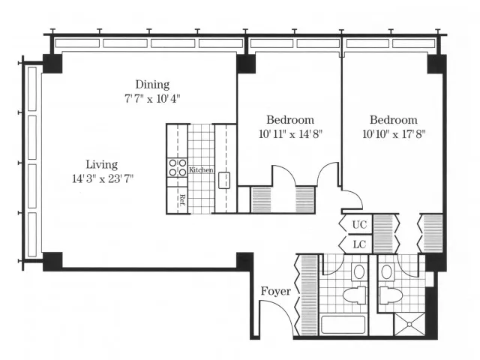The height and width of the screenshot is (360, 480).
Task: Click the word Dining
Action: [x=152, y=85]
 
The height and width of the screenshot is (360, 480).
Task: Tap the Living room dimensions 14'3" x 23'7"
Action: [x=103, y=178]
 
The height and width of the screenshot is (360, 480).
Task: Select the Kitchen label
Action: [x=201, y=170]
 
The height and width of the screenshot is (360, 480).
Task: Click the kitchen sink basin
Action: [x=224, y=180]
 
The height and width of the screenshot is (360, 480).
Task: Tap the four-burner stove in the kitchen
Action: [x=177, y=168]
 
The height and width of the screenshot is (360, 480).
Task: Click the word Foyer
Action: [x=276, y=291]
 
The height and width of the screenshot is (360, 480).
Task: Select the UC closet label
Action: [x=359, y=225]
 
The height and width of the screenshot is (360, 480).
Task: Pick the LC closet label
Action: [x=359, y=244]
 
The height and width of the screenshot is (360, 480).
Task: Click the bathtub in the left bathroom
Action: [x=343, y=325]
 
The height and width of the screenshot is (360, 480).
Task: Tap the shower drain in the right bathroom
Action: [x=409, y=324]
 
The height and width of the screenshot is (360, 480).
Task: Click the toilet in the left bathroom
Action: [x=354, y=295]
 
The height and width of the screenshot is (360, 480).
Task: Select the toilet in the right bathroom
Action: [x=391, y=295]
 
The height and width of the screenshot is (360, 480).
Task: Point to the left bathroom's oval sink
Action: [x=359, y=271]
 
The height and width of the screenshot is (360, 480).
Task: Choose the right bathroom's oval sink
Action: [x=387, y=271]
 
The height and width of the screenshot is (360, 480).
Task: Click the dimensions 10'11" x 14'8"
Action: [x=290, y=134]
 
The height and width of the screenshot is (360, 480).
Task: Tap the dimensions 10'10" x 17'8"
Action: [x=394, y=134]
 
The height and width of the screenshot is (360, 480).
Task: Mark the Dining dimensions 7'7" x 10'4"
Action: [x=152, y=99]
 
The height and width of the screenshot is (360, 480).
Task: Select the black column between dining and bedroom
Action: [x=246, y=64]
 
